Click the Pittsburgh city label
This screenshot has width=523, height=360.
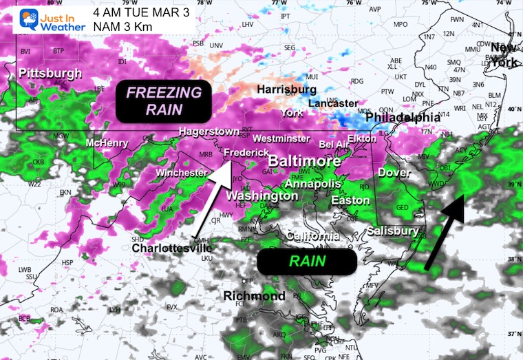click(x=51, y=73)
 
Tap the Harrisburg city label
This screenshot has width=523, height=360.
click(x=286, y=89)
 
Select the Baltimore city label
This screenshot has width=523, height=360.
click(x=303, y=160)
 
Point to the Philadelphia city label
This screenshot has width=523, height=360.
click(x=403, y=118)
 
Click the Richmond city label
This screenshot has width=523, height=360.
click(x=254, y=296)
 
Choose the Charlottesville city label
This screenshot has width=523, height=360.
click(x=172, y=248)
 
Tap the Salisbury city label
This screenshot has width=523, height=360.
click(x=392, y=231)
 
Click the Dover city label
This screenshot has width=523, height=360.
click(x=394, y=173)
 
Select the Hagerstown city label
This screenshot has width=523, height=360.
click(x=209, y=131)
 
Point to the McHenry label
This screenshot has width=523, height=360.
click(x=107, y=143)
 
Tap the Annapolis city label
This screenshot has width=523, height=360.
click(x=312, y=184)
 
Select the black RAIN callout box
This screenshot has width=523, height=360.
click(x=306, y=262)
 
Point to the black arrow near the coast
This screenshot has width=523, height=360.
click(x=444, y=231)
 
